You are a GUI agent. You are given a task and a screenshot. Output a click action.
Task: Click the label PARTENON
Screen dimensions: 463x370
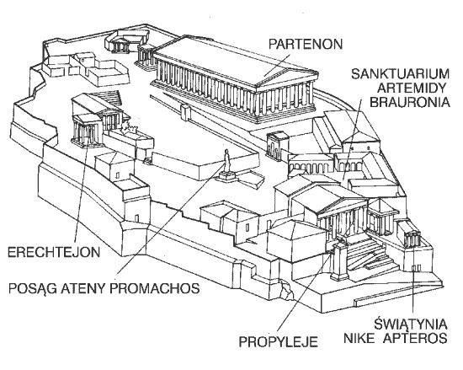click(306, 44)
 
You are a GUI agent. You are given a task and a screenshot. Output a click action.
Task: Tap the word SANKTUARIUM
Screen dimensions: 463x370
click(400, 73)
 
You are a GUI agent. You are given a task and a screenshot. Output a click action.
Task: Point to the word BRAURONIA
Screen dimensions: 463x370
click(410, 102)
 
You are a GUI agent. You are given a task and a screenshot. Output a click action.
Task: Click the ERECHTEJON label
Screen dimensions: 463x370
click(54, 252)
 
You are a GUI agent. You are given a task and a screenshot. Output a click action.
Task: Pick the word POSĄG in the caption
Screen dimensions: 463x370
click(33, 288)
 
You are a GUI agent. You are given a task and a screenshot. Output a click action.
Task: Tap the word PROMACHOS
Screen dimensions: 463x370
click(155, 288)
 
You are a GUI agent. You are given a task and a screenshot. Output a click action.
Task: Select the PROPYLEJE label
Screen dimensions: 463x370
click(278, 342)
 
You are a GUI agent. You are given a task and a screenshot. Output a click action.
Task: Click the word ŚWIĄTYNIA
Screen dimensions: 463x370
click(411, 324)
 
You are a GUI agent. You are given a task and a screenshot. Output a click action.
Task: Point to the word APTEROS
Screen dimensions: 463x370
click(415, 338)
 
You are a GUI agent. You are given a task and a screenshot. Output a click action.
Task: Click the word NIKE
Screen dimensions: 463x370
click(359, 338)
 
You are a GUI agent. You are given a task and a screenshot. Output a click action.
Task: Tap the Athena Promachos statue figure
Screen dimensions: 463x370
click(226, 160)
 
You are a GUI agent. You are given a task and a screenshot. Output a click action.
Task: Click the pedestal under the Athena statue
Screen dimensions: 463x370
click(226, 176)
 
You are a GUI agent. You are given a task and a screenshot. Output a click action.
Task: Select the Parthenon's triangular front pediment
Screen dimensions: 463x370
click(287, 77)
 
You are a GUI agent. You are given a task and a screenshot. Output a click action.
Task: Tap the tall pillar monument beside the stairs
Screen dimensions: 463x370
click(339, 260)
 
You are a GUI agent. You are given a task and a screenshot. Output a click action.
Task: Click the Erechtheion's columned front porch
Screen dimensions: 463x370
click(87, 131)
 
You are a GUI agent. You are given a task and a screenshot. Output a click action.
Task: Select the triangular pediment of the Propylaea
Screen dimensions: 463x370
click(343, 206)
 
